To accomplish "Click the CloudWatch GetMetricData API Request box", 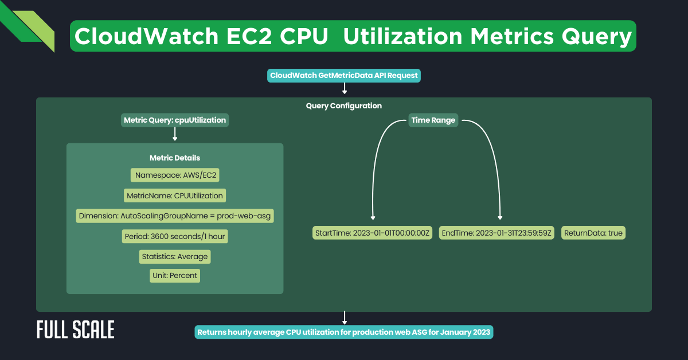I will click(x=344, y=76).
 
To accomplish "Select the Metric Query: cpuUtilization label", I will click(x=175, y=120).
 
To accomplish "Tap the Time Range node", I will click(x=433, y=120).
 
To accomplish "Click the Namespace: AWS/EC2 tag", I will click(x=175, y=175).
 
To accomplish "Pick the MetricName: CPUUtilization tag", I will click(x=175, y=195).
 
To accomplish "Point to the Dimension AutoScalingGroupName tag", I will click(x=175, y=216).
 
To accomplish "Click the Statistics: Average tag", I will click(x=175, y=256).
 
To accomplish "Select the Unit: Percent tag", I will click(x=175, y=276).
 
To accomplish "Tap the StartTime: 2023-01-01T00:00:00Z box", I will click(x=373, y=233).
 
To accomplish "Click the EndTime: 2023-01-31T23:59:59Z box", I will click(x=497, y=233).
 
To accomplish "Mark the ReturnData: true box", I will click(x=593, y=233).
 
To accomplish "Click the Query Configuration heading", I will click(x=344, y=106).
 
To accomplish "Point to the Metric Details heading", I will click(x=175, y=158).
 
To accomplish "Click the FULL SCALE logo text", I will click(x=75, y=330).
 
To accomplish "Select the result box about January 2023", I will click(x=344, y=332).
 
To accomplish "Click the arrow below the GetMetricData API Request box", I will click(x=345, y=88).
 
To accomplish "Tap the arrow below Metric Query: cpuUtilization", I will click(x=175, y=134).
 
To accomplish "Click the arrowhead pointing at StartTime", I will click(x=373, y=217).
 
